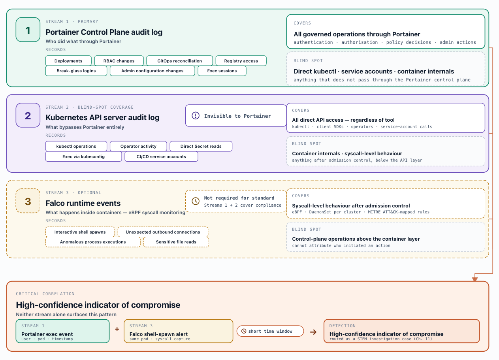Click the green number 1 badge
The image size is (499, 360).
pos(28,30)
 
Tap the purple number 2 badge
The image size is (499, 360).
pos(28,115)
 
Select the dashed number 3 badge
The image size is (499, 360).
pos(28,201)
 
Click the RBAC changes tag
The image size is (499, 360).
pos(119,61)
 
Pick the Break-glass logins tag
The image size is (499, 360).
pos(76,71)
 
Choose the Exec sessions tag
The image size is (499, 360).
pos(222,71)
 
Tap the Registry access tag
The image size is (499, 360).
pos(241,61)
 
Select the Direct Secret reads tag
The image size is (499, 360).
pos(201,146)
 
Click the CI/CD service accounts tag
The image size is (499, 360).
pos(161,156)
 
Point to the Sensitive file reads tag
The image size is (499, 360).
pos(176,242)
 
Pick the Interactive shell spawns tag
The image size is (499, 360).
pos(80,232)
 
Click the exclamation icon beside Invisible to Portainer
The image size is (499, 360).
pos(196,116)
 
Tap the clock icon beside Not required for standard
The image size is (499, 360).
pos(196,201)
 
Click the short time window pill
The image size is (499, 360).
pos(270,331)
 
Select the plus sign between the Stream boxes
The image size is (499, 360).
pos(117,329)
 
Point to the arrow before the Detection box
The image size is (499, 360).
pos(313,332)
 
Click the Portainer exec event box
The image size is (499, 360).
pos(62,331)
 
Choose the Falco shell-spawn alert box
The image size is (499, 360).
pos(179,331)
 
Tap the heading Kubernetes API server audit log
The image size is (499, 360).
pos(102,117)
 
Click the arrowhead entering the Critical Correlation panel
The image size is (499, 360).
pos(475,279)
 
